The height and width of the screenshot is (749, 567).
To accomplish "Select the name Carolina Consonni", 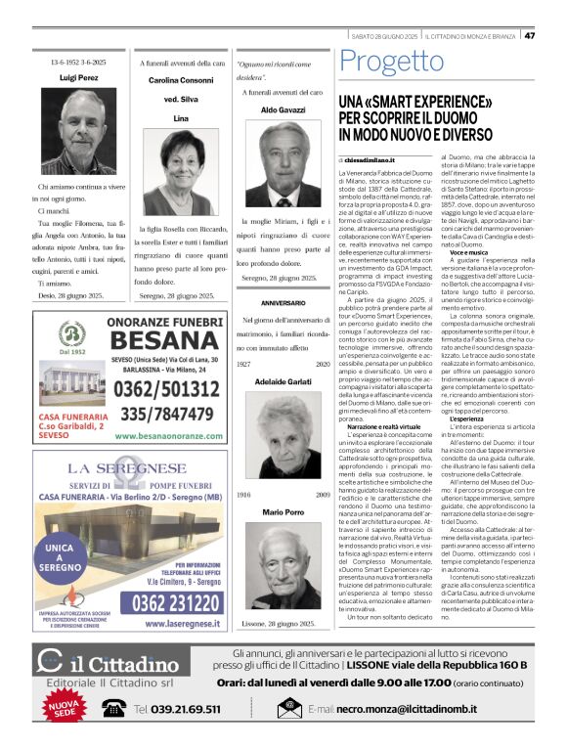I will tap(180, 79).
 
